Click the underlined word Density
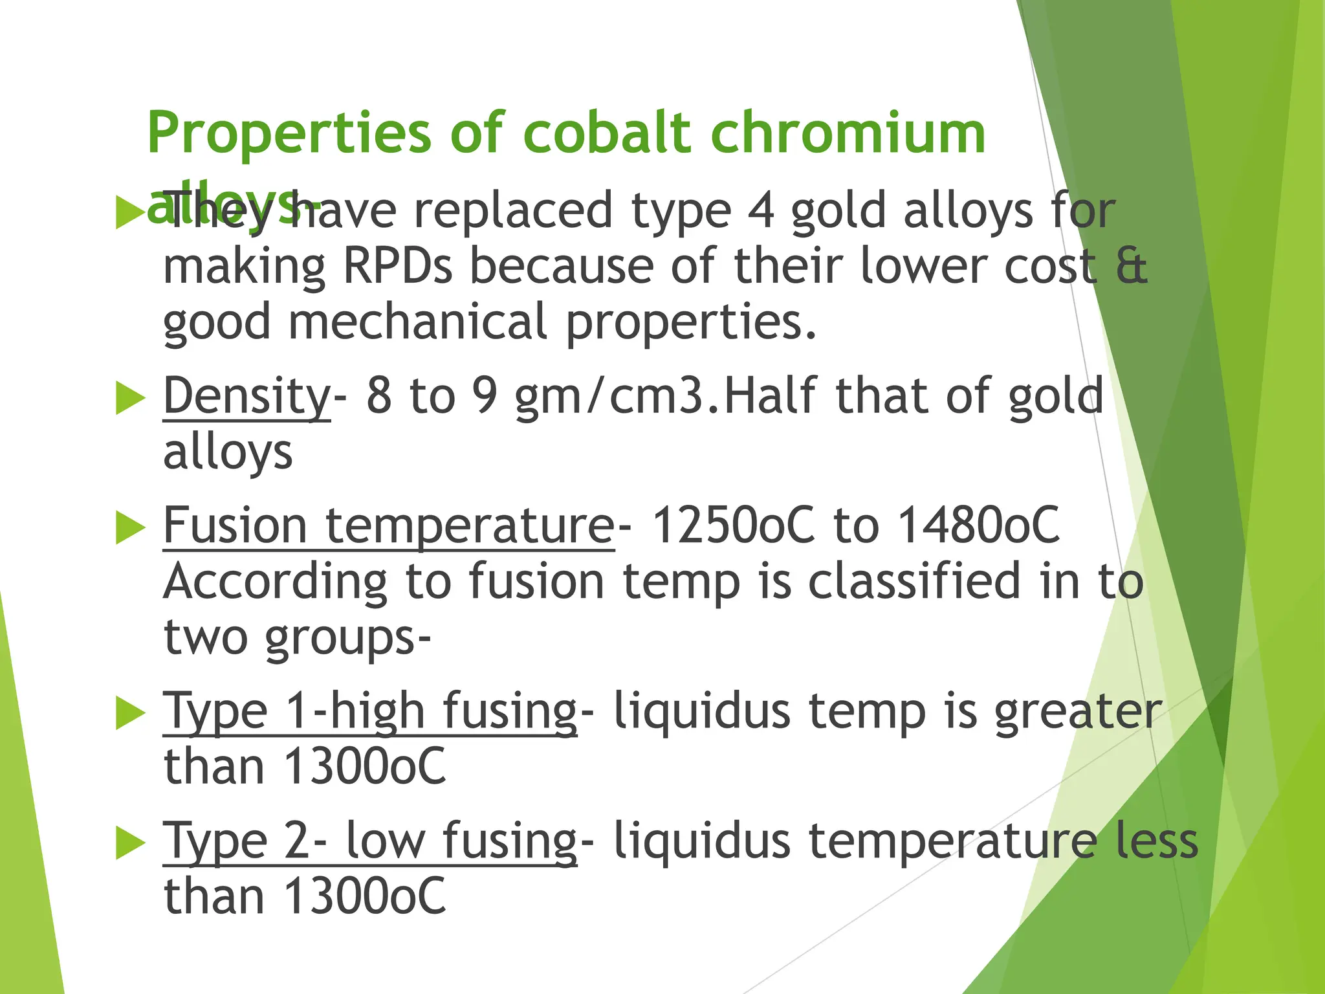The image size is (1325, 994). tap(246, 396)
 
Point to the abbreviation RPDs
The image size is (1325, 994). tap(397, 267)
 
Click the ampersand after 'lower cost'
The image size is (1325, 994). tap(1132, 267)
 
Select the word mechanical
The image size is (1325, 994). tap(418, 322)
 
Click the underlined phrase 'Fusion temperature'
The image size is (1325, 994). tap(388, 525)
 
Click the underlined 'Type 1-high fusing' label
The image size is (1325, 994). tap(369, 712)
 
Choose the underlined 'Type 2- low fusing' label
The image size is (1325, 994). tap(369, 841)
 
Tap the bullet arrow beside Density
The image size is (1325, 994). tap(130, 398)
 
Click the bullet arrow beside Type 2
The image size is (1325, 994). tap(130, 843)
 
